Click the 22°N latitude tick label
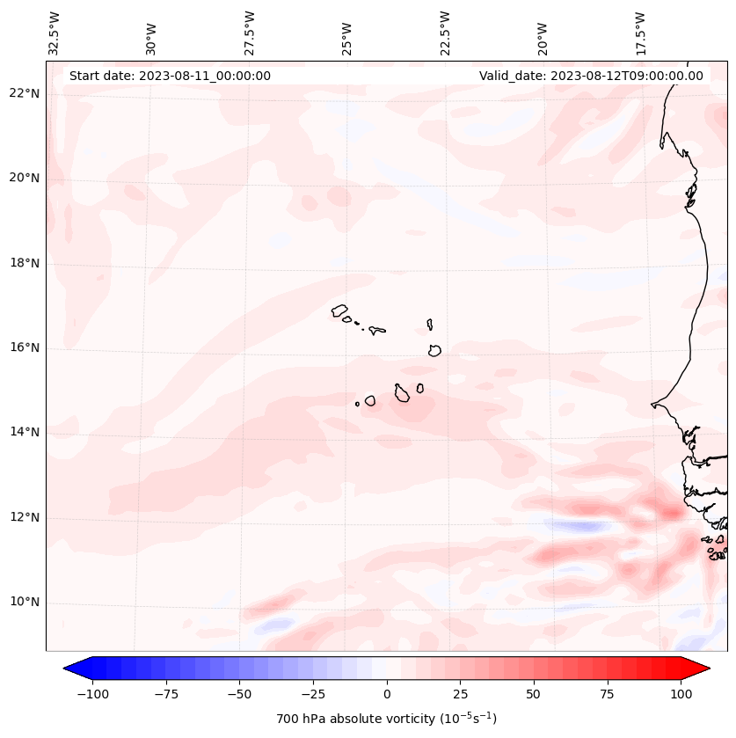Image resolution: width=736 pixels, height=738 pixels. (x=25, y=93)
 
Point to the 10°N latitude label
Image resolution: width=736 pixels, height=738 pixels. (x=25, y=603)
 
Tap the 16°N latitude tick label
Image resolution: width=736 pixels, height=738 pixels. (x=25, y=348)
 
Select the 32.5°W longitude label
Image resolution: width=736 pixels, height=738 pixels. (x=55, y=33)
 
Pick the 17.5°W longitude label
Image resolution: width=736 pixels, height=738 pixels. (x=640, y=33)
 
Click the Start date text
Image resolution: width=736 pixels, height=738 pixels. (x=170, y=76)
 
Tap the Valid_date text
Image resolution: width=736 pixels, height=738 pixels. (x=591, y=76)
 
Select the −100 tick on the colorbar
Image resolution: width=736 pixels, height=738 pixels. (x=92, y=694)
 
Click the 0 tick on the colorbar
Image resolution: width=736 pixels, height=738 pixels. (x=387, y=694)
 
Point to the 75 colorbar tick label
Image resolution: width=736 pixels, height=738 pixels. (x=608, y=694)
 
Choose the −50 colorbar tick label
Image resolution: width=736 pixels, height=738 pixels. (x=239, y=694)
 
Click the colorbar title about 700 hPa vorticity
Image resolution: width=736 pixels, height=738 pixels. (x=387, y=719)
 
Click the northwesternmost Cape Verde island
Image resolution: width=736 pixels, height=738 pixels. (x=339, y=310)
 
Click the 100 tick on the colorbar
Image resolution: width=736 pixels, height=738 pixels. (x=681, y=694)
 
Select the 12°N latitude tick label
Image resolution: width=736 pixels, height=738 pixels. (x=25, y=517)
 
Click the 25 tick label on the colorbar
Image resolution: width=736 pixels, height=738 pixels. (x=460, y=694)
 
